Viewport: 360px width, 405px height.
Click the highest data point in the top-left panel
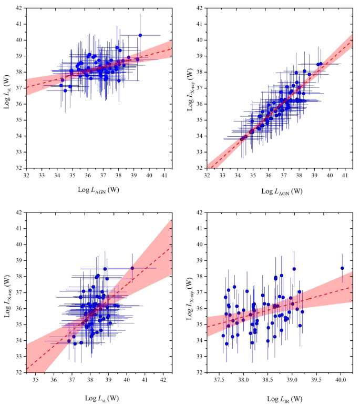[x=140, y=35]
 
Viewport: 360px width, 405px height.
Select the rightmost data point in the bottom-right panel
[x=342, y=268]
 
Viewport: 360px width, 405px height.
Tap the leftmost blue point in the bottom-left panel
[x=69, y=341]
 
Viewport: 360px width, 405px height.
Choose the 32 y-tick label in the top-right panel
[x=198, y=168]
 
